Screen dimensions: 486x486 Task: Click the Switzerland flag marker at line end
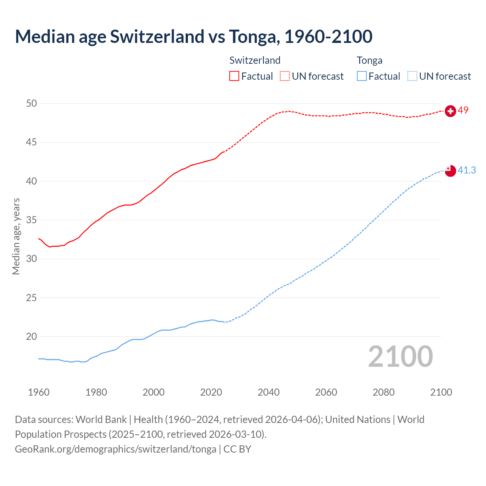click(x=450, y=111)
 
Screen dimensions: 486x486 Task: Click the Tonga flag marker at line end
click(x=450, y=171)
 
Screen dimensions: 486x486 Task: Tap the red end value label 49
click(x=463, y=110)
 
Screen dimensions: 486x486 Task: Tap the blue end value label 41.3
click(x=467, y=170)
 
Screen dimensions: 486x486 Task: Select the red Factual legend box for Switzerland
click(x=234, y=76)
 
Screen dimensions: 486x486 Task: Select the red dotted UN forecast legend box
click(x=285, y=76)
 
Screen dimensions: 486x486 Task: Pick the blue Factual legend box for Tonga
click(x=362, y=76)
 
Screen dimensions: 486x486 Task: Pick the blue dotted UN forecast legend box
click(x=412, y=76)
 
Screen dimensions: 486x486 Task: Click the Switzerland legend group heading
click(x=255, y=60)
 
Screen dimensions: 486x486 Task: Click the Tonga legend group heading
click(x=369, y=60)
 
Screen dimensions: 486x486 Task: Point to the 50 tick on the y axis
click(x=32, y=104)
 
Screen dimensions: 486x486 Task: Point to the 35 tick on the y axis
click(x=32, y=220)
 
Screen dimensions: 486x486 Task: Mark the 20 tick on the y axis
click(x=32, y=337)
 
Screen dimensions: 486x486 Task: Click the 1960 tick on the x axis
click(x=39, y=392)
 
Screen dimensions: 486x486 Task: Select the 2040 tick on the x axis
click(x=268, y=392)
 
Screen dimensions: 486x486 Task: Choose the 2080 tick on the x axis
click(x=383, y=392)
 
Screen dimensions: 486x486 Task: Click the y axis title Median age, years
click(x=16, y=236)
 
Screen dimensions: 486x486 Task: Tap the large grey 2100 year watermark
click(x=400, y=357)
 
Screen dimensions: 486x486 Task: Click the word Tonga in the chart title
click(x=254, y=36)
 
